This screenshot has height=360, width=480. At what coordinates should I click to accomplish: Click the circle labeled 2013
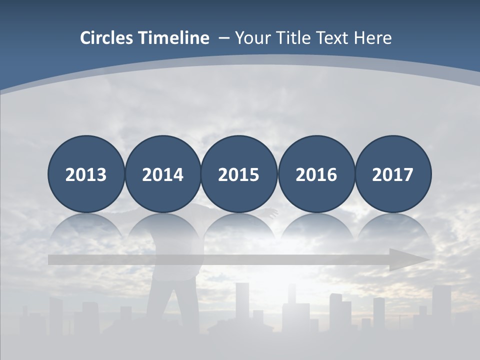tap(86, 174)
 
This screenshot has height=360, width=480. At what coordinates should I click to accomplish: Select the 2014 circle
tap(162, 174)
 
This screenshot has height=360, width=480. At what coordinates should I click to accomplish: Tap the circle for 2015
tap(239, 174)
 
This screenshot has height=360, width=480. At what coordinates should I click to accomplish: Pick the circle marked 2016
tap(316, 174)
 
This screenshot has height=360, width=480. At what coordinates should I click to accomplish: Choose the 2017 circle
tap(392, 174)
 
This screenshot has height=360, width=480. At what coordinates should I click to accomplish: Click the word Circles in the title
tap(107, 38)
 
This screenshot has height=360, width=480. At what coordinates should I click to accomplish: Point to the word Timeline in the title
tap(174, 38)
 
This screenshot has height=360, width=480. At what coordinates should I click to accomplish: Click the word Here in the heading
tap(373, 38)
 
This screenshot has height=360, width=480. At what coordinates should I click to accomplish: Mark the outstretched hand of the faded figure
tap(272, 213)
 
